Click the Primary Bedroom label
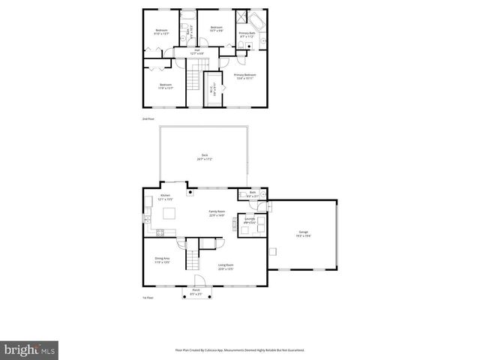click(x=244, y=76)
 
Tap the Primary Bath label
click(x=247, y=34)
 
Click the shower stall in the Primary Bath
click(x=241, y=19)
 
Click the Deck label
click(x=204, y=158)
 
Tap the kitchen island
click(x=169, y=214)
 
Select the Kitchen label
click(x=166, y=199)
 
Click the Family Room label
click(x=217, y=214)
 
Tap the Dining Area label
click(x=162, y=262)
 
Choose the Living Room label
click(x=226, y=267)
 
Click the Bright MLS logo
click(x=30, y=349)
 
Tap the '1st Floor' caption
click(x=148, y=298)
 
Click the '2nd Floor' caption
click(x=148, y=119)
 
